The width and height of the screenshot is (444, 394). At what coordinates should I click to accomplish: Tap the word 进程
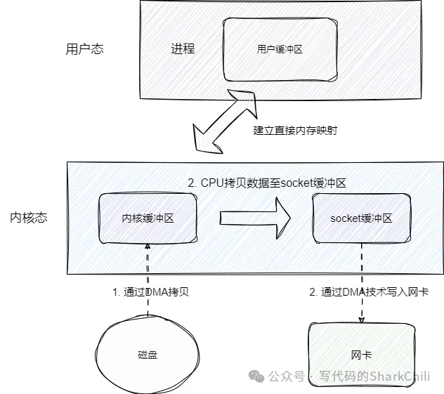pos(183,49)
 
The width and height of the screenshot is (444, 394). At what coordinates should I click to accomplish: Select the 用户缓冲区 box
pos(279,50)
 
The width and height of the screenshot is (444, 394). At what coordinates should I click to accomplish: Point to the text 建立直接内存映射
pos(296,131)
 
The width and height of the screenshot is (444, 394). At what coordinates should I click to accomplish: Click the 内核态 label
pos(29,218)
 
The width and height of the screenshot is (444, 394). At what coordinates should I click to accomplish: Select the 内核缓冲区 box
pos(148,218)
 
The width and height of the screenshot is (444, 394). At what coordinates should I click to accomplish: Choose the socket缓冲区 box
pos(360,218)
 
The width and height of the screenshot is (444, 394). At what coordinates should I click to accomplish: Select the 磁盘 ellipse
pos(148,355)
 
